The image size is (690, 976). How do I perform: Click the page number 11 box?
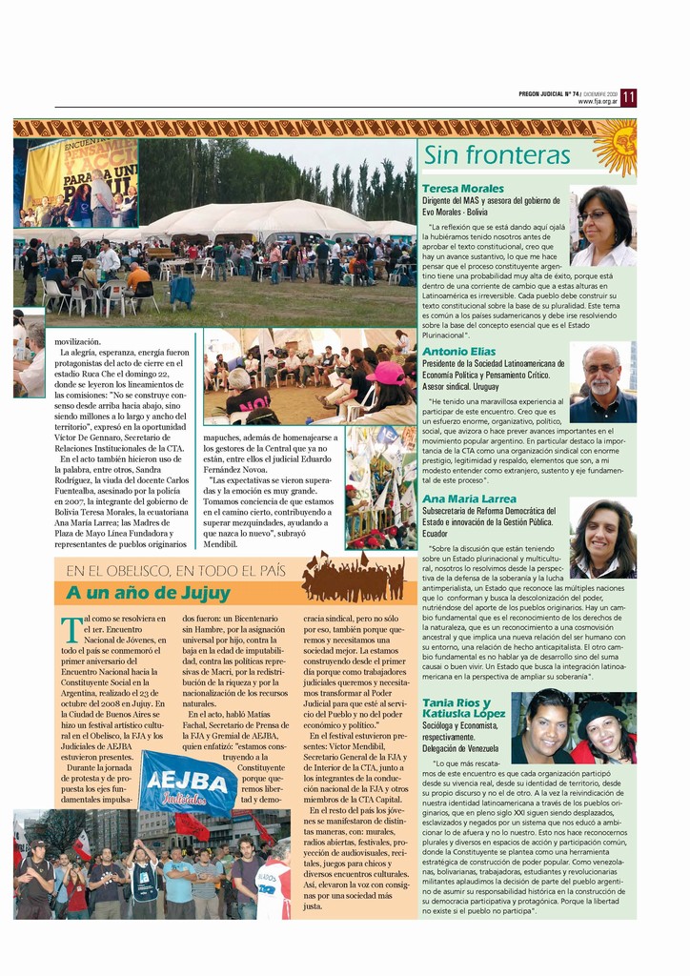pos(628,97)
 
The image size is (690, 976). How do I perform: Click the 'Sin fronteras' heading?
pos(497,155)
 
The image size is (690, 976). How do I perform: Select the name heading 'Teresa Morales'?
pos(463,189)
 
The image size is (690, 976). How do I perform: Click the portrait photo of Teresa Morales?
pos(602,226)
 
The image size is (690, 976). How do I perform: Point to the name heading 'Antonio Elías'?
pos(459,352)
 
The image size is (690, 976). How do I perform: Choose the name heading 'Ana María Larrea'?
pos(470,498)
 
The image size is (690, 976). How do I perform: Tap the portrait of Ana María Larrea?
pos(602,539)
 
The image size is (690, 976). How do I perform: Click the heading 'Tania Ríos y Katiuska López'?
pos(464,708)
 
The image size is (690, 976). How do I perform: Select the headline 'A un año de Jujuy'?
pos(148,593)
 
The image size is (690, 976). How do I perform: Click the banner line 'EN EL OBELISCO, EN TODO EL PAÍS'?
pos(176,571)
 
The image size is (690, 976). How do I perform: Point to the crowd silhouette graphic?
pos(353,579)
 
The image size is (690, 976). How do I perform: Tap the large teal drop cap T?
pos(71,630)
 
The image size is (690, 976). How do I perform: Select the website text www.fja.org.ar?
pos(598,102)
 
